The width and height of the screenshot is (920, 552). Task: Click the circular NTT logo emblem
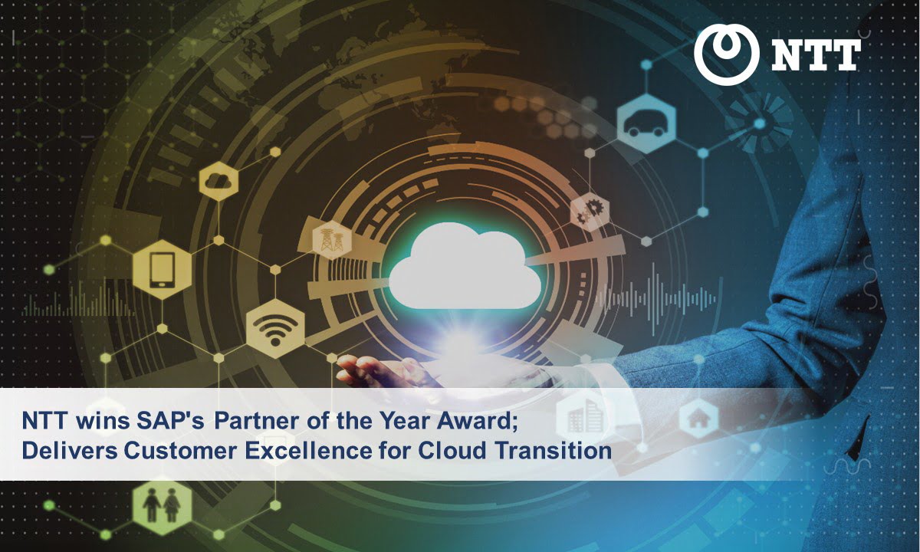click(726, 54)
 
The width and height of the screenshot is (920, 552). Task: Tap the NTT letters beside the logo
click(816, 54)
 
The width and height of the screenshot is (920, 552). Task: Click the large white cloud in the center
click(465, 266)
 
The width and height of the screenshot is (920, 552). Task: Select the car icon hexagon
click(646, 123)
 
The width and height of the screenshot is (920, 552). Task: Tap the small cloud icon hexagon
click(219, 181)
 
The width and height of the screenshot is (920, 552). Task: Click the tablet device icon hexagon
click(163, 270)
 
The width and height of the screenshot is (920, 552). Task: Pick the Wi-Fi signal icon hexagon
click(275, 329)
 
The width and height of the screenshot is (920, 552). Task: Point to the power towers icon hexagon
click(332, 240)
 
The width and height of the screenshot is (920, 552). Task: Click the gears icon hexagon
click(590, 212)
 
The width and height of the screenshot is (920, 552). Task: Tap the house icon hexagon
click(698, 419)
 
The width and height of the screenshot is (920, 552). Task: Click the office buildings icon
click(584, 416)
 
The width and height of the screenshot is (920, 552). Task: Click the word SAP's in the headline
click(170, 421)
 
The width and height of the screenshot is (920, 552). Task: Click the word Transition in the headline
click(554, 451)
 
